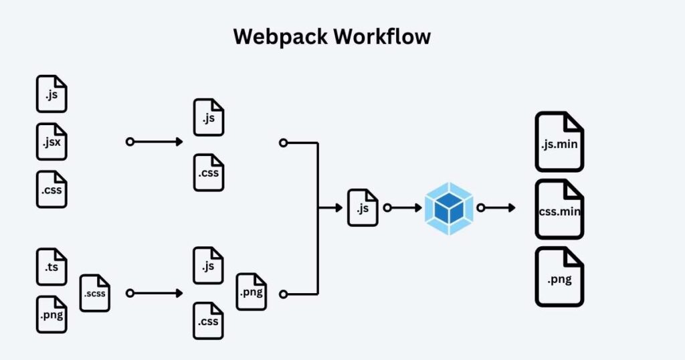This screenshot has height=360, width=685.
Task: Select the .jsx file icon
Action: coord(52,142)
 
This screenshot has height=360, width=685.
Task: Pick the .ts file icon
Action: coord(52,266)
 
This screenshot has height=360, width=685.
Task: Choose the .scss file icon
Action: coord(94,293)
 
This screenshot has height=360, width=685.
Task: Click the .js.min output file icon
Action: coord(559,142)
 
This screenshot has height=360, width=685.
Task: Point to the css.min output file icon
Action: coord(559,209)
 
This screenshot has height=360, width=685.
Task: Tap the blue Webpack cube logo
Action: coord(449,208)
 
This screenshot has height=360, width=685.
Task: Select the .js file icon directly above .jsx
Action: coord(52,94)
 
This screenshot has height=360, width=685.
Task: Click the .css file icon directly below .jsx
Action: coord(52,189)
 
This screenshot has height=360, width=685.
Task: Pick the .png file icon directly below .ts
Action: coord(52,314)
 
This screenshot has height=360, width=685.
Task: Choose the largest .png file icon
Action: coord(559,277)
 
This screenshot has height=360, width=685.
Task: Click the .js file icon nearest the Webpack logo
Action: coord(363,207)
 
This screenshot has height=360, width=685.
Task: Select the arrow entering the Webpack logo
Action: coord(404,208)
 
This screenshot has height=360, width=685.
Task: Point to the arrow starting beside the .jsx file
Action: coord(155,142)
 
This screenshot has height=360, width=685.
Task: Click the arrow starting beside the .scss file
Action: coord(155,293)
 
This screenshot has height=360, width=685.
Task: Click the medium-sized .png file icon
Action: coord(251,292)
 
